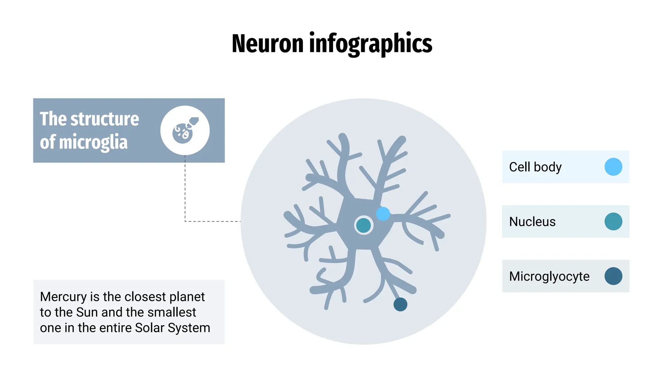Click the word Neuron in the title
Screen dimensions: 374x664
(267, 44)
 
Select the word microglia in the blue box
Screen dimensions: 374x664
(93, 142)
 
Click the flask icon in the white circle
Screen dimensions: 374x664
(185, 130)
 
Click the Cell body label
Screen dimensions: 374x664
(535, 167)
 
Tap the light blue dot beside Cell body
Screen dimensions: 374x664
(613, 167)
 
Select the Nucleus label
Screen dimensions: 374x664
(532, 221)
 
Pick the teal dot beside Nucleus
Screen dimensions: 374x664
(613, 221)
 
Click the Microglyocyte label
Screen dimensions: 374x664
(549, 276)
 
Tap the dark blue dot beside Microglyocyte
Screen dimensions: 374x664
(613, 276)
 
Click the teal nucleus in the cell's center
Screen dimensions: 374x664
(363, 225)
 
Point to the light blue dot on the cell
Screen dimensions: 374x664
(383, 214)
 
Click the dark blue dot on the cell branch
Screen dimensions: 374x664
(400, 305)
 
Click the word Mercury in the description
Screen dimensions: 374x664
(63, 297)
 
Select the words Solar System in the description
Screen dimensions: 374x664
(172, 328)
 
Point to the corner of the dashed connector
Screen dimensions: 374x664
(185, 221)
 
